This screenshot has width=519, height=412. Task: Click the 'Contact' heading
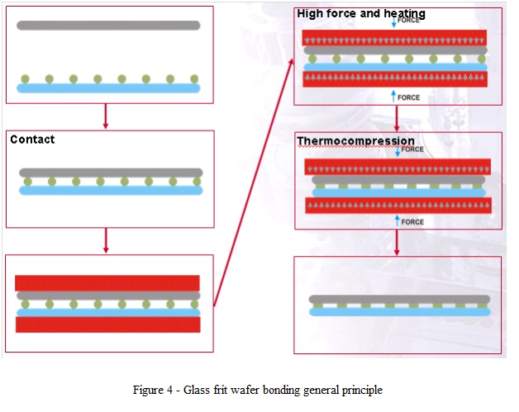pos(32,140)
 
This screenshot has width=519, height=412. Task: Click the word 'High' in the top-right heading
pos(312,13)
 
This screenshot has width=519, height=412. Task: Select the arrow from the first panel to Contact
pos(106,116)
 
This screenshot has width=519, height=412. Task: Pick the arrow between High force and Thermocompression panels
pos(398,118)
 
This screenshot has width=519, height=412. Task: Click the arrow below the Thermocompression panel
pos(398,242)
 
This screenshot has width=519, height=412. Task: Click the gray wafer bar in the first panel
pos(108,25)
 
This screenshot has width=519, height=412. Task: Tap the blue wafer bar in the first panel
pos(108,88)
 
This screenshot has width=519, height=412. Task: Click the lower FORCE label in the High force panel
pos(408,97)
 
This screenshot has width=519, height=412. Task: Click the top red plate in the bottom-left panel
pos(107,282)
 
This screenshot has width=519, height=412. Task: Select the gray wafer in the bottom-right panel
pos(399,300)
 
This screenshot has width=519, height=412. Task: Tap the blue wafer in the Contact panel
pos(111,190)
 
